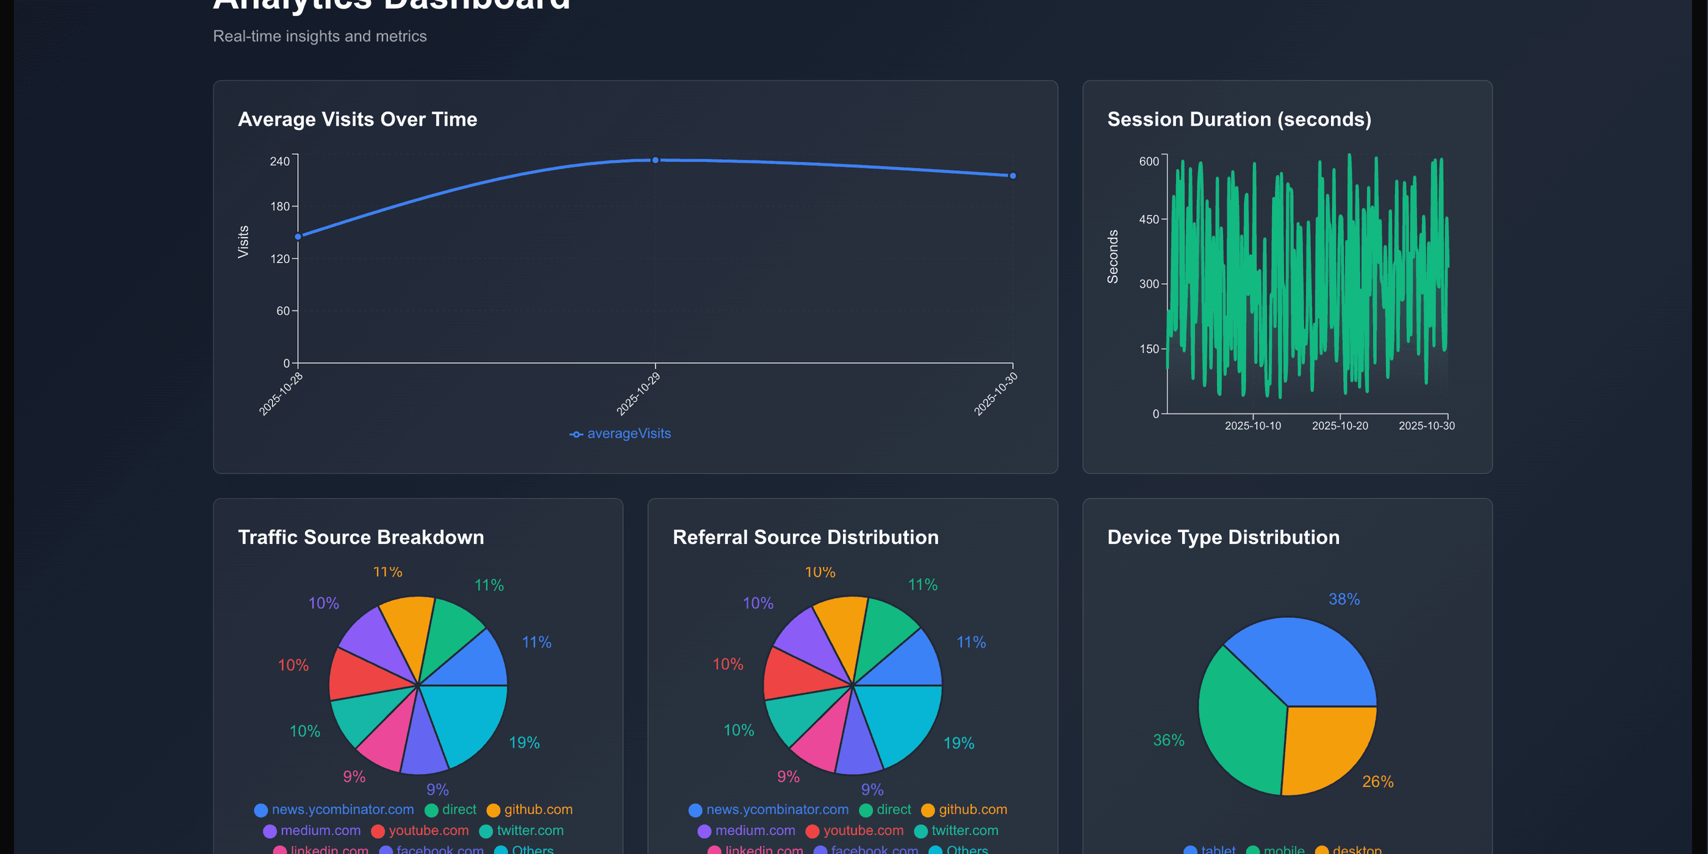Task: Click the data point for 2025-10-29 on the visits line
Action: point(655,160)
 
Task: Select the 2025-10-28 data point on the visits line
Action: point(298,237)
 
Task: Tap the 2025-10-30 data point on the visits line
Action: point(1013,176)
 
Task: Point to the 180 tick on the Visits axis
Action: point(281,207)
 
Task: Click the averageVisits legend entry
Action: point(620,434)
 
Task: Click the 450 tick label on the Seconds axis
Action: point(1149,220)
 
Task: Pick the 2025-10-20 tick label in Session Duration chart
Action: point(1340,426)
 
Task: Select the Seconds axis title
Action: point(1113,257)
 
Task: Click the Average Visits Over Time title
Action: point(357,120)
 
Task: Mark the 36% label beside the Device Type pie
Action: point(1168,740)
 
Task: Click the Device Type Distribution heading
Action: point(1223,537)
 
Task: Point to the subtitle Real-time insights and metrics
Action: point(320,37)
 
